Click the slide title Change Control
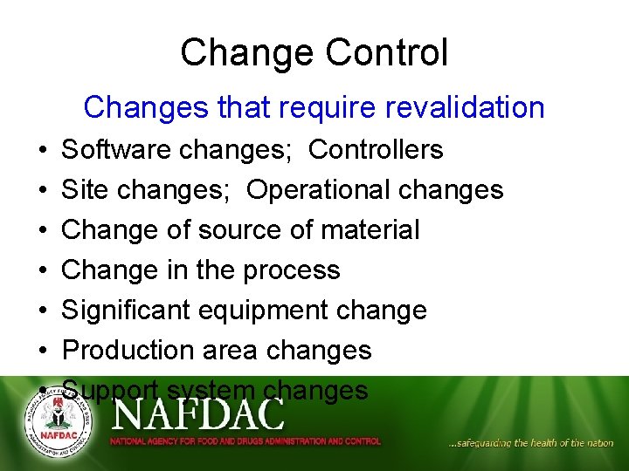point(314,52)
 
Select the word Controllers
point(376,150)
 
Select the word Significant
point(128,311)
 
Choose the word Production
point(128,351)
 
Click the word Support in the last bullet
point(110,391)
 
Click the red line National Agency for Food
point(245,442)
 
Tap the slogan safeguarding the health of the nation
point(530,443)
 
